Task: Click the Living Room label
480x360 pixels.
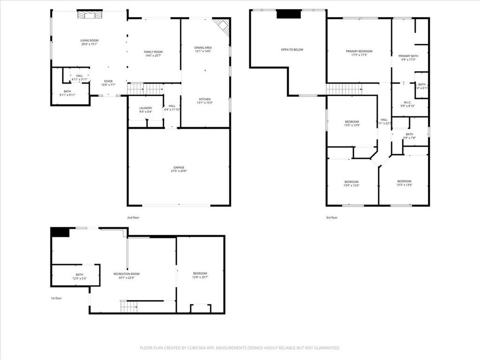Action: point(89,41)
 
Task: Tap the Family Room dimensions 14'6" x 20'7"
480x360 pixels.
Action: point(153,56)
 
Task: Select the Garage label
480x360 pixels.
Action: point(179,167)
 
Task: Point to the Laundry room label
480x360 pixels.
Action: point(146,108)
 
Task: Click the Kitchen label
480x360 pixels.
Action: point(205,99)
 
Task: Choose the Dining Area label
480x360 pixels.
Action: point(203,48)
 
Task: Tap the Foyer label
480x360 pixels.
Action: point(108,81)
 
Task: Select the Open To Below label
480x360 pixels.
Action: point(292,49)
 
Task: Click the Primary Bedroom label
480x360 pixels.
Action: point(359,51)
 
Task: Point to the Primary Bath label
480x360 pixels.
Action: point(408,56)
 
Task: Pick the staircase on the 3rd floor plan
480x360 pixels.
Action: point(344,89)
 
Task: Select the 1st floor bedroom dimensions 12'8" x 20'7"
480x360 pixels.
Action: point(200,277)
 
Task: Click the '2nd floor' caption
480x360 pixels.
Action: point(133,217)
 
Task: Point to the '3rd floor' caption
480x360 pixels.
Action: point(331,217)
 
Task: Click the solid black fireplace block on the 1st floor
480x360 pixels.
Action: point(60,232)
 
